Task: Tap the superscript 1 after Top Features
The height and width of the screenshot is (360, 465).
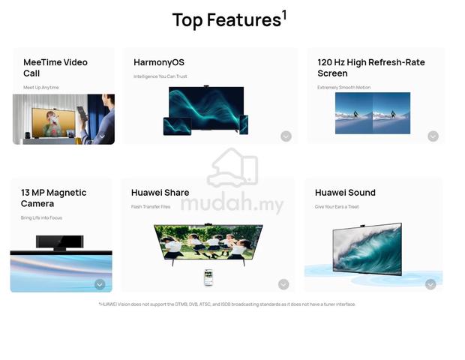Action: click(x=284, y=15)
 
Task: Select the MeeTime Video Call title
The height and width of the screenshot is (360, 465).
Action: click(x=55, y=67)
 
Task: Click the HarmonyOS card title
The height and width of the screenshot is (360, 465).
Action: click(x=159, y=62)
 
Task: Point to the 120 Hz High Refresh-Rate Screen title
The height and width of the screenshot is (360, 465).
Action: click(x=371, y=67)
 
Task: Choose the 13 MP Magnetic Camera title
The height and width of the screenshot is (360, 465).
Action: click(x=54, y=198)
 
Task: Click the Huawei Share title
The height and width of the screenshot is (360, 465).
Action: click(x=160, y=193)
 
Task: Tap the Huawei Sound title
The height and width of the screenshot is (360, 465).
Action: click(x=345, y=193)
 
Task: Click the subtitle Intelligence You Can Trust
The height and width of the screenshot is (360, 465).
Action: click(x=160, y=76)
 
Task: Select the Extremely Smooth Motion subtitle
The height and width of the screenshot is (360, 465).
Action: click(x=343, y=88)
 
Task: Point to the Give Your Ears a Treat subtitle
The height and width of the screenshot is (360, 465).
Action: click(x=337, y=207)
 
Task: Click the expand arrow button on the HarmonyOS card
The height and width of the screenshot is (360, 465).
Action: click(x=286, y=136)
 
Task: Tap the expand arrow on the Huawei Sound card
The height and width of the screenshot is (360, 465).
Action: click(x=430, y=284)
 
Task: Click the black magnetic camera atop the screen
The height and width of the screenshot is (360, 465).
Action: click(x=59, y=242)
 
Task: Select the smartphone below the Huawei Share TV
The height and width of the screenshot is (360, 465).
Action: click(x=208, y=277)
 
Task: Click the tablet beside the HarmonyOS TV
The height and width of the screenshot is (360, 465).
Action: click(x=177, y=126)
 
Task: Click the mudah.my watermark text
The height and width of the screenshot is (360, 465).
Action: click(x=232, y=203)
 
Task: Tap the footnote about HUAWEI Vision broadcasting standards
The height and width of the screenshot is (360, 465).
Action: click(x=226, y=304)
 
